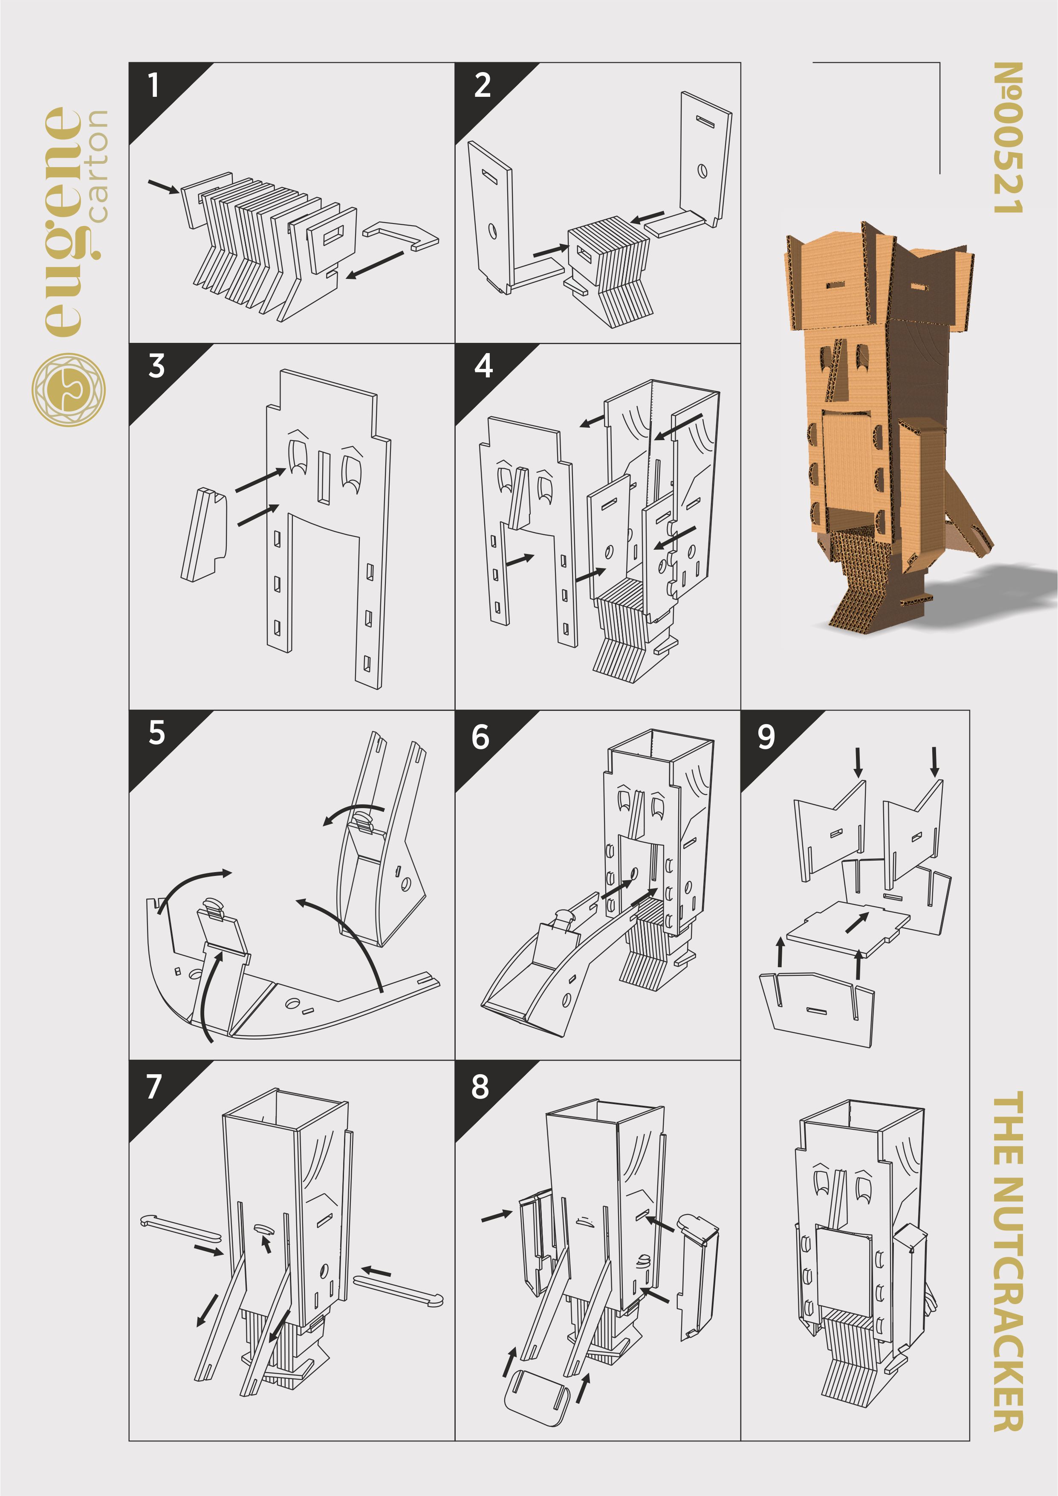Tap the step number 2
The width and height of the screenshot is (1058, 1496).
[x=482, y=85]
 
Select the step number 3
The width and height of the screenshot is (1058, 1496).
[x=156, y=365]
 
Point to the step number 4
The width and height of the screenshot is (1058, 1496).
[x=483, y=365]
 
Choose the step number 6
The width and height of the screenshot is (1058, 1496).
[x=480, y=737]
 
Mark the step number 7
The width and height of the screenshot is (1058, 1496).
[x=154, y=1087]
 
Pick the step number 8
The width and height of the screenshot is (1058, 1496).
[x=480, y=1087]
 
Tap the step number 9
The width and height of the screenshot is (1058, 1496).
[x=766, y=737]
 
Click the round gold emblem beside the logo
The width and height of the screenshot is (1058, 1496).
[x=68, y=390]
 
